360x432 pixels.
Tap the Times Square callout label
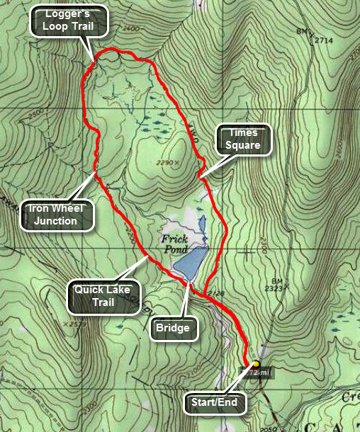(x=244, y=139)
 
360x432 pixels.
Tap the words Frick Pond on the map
(x=174, y=244)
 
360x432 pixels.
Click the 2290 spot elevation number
(x=165, y=164)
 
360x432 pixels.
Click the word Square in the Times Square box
(x=244, y=145)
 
